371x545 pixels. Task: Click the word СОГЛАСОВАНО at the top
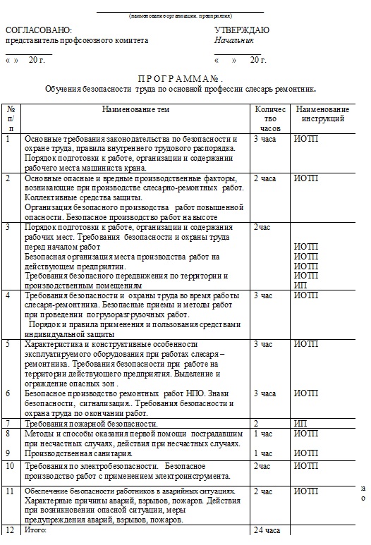39,30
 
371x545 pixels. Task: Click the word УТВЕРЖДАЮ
242,30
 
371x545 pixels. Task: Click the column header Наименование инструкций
322,115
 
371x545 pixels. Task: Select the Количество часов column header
270,119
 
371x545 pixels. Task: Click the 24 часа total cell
267,529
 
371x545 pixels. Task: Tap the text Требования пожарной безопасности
91,424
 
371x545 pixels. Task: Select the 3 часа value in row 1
265,139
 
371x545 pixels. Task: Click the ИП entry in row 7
300,424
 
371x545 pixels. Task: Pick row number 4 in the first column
8,295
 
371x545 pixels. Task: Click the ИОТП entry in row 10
306,466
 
